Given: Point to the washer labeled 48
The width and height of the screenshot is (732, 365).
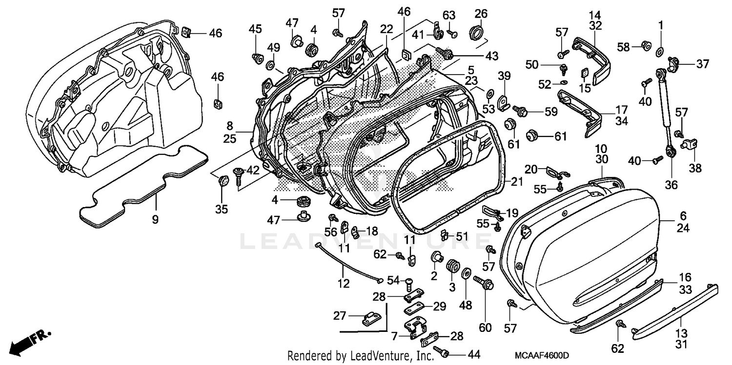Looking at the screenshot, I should pos(466,272).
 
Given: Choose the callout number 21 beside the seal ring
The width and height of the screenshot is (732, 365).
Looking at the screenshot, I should pos(517,181).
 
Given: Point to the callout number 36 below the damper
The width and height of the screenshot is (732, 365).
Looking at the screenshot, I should pos(671,185).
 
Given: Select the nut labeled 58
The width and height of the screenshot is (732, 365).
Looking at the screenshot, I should pos(645,46).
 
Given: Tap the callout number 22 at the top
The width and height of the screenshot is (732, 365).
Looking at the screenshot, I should pos(386,29).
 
